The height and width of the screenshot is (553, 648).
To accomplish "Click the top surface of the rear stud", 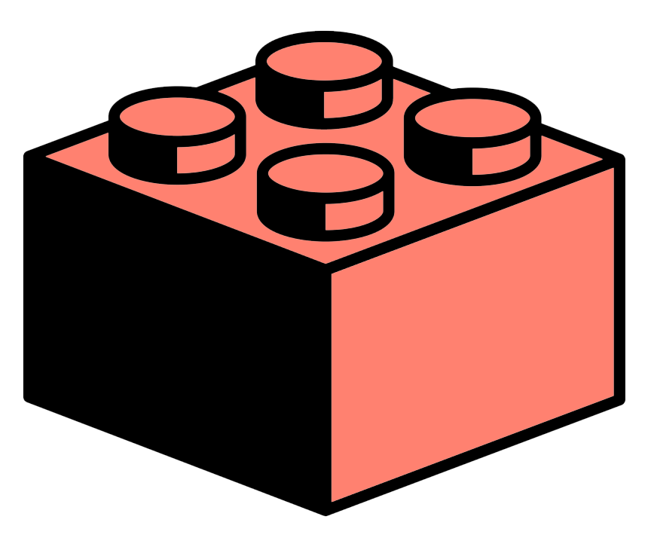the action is [324, 60].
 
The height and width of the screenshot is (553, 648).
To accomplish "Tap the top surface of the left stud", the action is [178, 118].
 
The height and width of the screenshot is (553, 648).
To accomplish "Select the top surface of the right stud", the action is [472, 118].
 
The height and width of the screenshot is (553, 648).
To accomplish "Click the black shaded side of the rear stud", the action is [290, 102].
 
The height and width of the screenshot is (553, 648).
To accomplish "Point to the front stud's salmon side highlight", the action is [354, 215].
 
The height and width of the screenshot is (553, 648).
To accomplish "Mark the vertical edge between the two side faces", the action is [326, 384].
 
